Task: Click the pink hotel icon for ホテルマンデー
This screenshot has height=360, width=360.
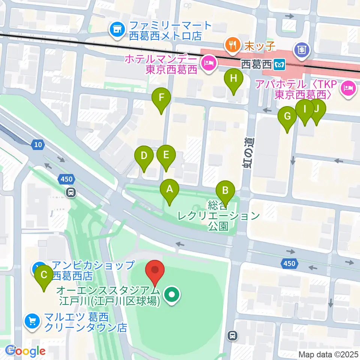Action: pyautogui.click(x=208, y=63)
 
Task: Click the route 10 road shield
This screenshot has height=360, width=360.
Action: pyautogui.click(x=38, y=144)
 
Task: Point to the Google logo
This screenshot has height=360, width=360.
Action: pyautogui.click(x=25, y=351)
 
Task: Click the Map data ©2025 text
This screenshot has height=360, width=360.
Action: pyautogui.click(x=328, y=354)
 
